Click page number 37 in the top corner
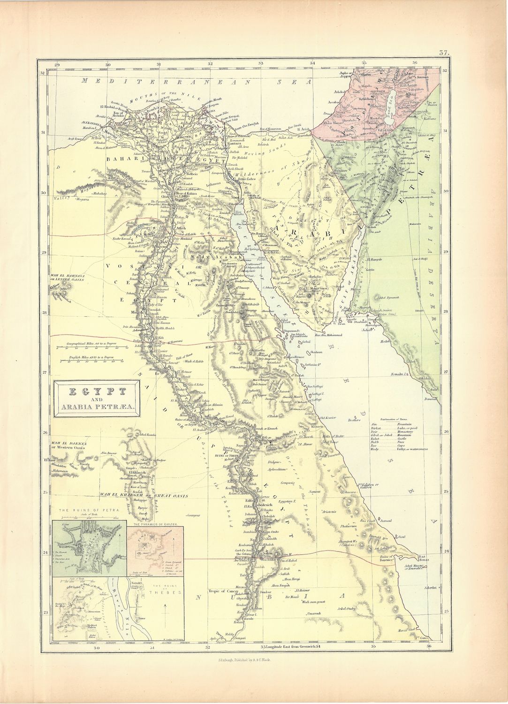(x=444, y=53)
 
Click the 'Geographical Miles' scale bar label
(x=84, y=344)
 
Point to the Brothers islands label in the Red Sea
(x=356, y=420)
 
